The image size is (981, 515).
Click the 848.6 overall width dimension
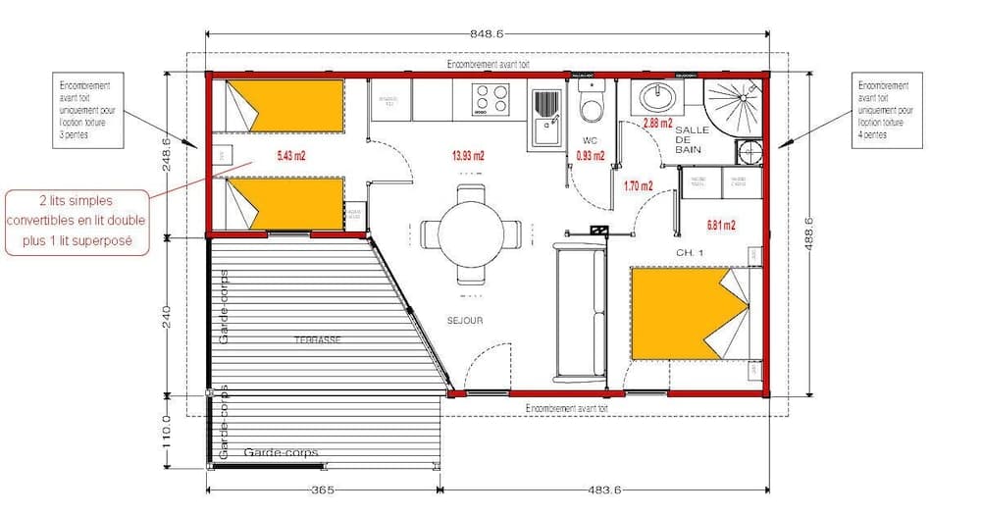pos(487,33)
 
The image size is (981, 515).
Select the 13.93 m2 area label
pos(468,155)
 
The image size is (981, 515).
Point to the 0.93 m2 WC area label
pos(590,155)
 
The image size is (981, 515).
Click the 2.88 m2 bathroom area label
pos(657,124)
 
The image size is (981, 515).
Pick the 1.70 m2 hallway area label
pos(638,183)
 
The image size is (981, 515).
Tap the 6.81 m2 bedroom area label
pos(721,225)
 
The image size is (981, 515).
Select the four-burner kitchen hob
pos(490,99)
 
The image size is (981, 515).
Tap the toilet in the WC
pos(591,102)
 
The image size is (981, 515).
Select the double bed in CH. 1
pos(687,314)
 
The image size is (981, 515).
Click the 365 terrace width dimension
pos(324,490)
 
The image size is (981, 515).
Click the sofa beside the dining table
pos(578,312)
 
